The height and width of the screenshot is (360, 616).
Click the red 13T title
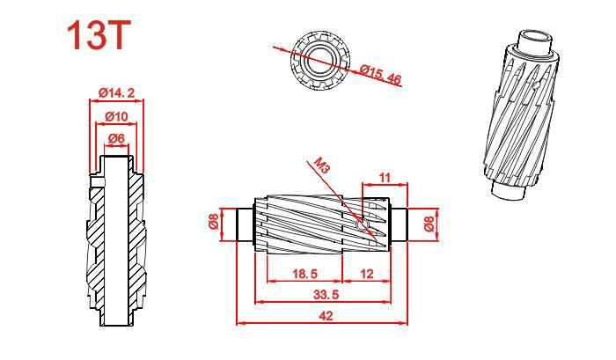[x=99, y=35]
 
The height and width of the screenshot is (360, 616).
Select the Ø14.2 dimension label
[x=117, y=93]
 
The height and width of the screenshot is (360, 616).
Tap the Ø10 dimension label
[x=117, y=117]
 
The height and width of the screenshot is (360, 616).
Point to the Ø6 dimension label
[x=116, y=138]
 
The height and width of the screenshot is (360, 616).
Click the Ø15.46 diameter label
[x=381, y=74]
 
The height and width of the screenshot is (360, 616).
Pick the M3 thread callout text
[x=323, y=165]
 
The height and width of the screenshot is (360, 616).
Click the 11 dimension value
[x=385, y=178]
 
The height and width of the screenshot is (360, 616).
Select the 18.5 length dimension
[x=304, y=274]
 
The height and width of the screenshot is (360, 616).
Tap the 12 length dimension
[x=367, y=274]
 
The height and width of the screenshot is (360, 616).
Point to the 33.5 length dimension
[x=326, y=294]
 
